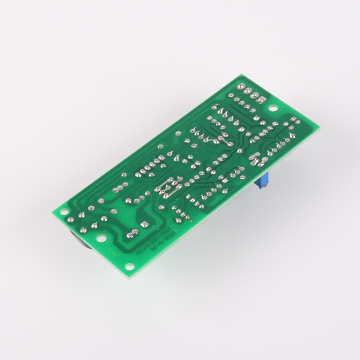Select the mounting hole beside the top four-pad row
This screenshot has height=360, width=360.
(x=273, y=108)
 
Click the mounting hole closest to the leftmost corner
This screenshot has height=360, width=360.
(x=64, y=210)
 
